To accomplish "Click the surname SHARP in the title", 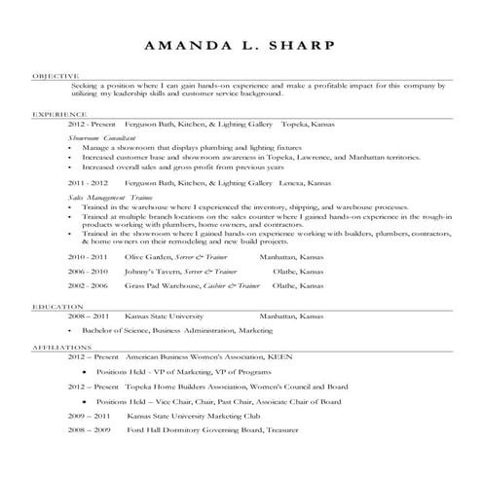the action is click(292, 46).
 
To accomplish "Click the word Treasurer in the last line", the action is click(299, 428).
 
